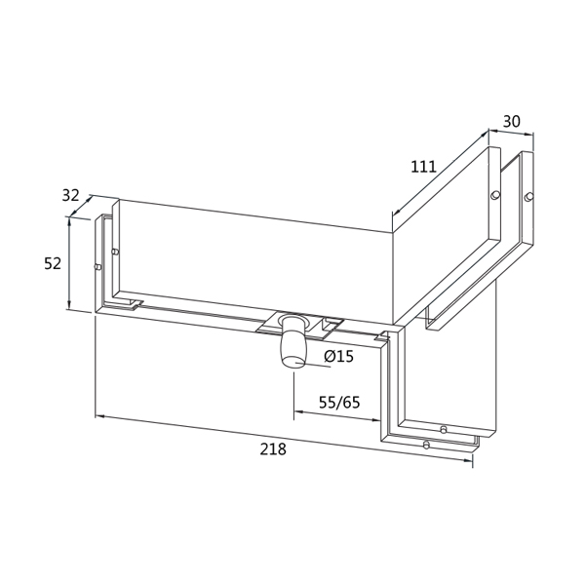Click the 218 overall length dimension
273,448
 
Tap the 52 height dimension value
53,263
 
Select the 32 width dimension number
70,195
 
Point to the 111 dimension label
423,167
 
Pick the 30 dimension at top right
511,122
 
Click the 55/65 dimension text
339,402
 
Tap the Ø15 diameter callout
338,357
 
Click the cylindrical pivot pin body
292,344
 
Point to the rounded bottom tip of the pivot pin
291,363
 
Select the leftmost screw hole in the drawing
97,265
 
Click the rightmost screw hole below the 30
528,198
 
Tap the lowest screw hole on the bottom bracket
426,445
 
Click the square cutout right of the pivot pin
333,324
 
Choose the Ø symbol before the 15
327,357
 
